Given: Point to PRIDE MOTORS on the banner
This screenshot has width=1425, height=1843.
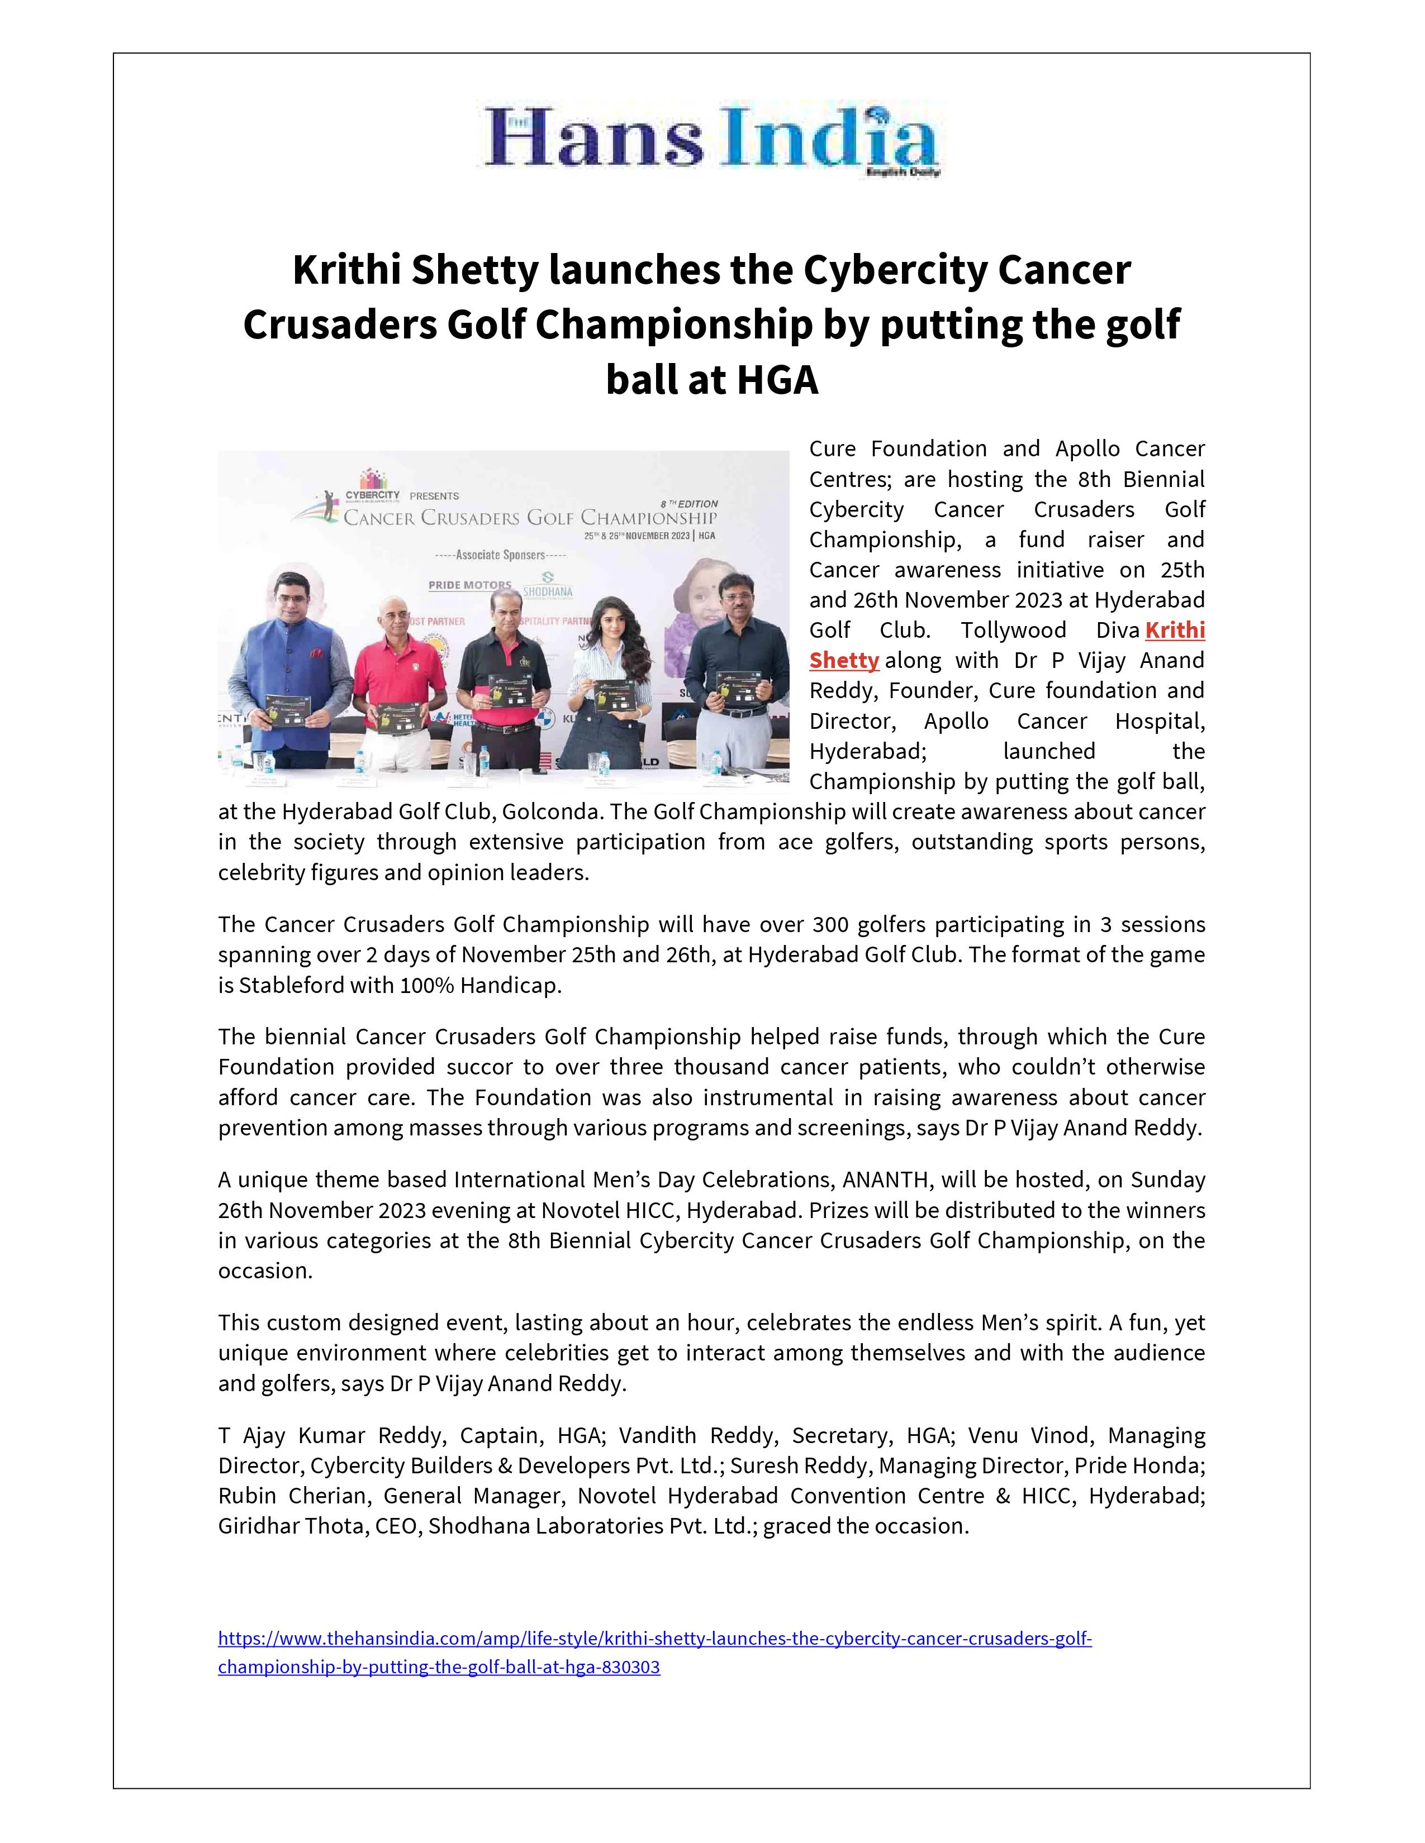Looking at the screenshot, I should pos(469,585).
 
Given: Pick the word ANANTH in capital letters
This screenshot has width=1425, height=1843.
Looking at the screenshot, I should pos(887,1180).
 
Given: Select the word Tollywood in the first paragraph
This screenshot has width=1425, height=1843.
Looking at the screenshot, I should pos(1013,631).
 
